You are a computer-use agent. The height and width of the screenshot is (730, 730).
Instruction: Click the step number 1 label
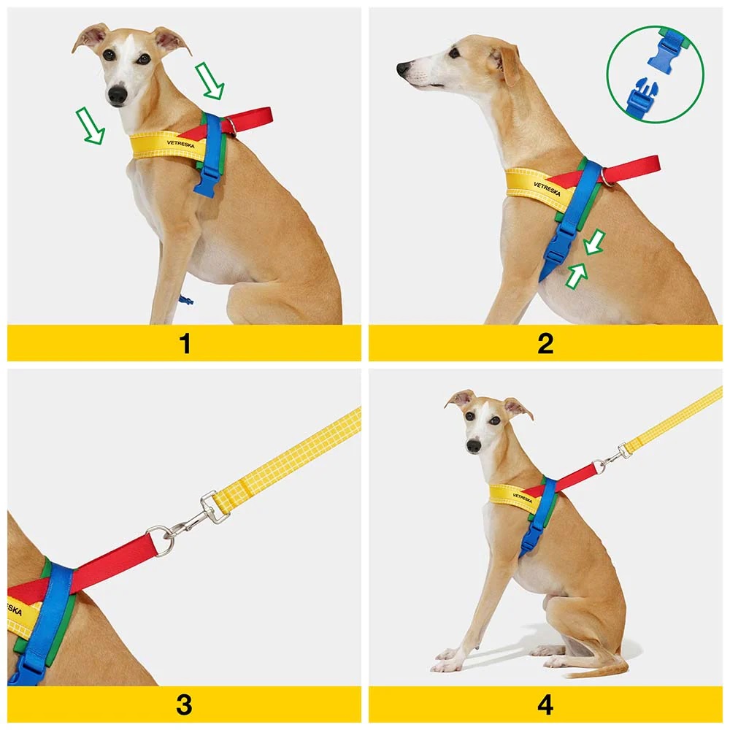pos(185,344)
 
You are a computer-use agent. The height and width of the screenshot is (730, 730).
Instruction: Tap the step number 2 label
pos(545,344)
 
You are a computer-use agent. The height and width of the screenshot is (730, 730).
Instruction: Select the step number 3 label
pos(185,705)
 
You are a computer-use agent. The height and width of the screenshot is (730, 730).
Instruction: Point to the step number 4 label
pos(545,705)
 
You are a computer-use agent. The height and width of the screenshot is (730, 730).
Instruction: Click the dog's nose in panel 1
pos(118,94)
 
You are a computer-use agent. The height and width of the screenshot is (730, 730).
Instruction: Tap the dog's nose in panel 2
pos(403,69)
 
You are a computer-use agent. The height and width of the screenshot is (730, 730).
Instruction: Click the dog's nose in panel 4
pos(474,446)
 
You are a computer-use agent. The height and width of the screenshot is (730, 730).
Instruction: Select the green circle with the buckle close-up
pos(656,74)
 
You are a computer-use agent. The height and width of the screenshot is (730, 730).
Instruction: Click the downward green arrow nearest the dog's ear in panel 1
pos(210,81)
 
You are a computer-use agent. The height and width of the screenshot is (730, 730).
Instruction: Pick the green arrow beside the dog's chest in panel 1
pos(91,126)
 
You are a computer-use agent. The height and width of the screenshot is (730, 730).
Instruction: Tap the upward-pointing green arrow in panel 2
pos(577,274)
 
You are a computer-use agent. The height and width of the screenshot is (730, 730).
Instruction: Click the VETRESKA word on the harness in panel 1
pos(180,144)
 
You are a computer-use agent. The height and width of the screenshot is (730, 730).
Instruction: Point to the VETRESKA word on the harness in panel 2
pos(547,189)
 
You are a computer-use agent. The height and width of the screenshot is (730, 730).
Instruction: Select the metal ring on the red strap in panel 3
pos(161,540)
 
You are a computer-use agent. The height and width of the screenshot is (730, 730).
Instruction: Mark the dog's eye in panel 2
pos(455,53)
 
